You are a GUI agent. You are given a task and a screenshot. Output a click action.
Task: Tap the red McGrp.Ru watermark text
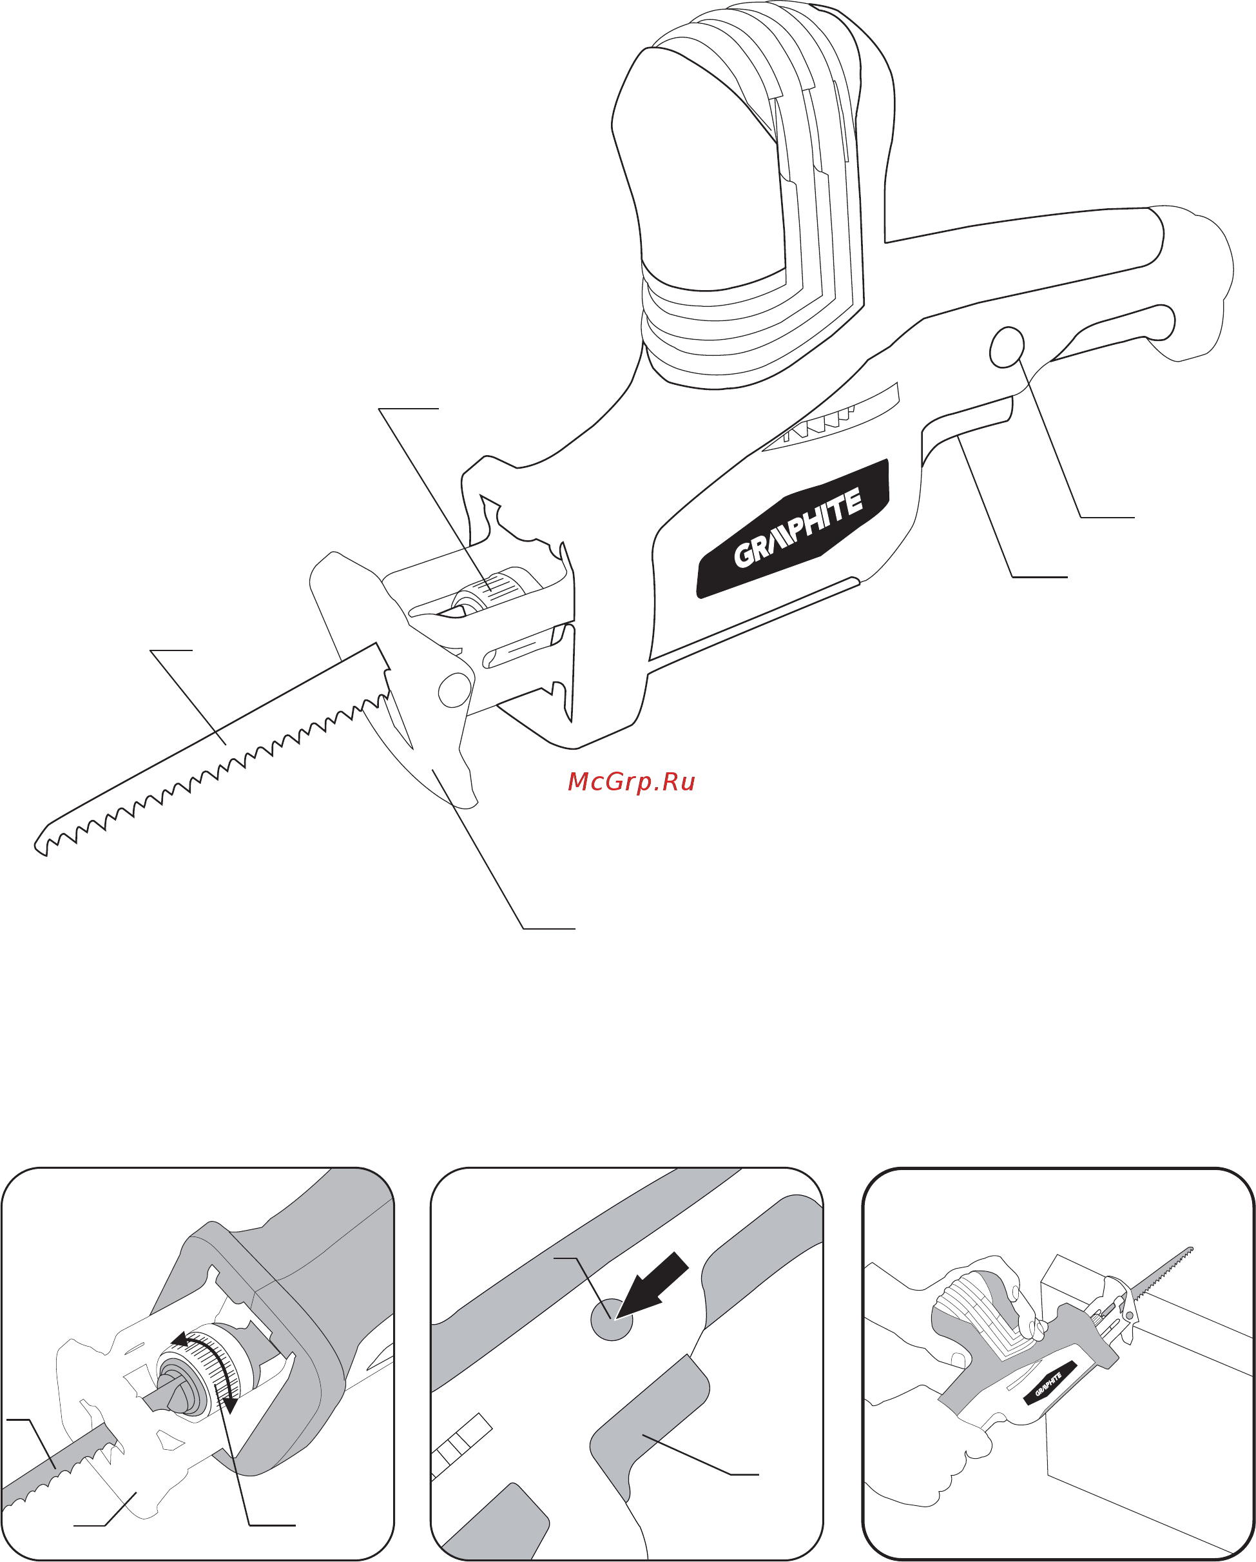click(x=631, y=782)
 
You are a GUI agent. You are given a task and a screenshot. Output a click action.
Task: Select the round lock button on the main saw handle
click(x=1006, y=347)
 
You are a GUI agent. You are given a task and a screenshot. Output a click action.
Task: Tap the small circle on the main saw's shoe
click(x=454, y=690)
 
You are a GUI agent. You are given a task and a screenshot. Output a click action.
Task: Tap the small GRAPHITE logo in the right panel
click(x=1047, y=1385)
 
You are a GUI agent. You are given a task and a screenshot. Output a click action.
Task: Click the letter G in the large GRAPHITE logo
click(x=744, y=555)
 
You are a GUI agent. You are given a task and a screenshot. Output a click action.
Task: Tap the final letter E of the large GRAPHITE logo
click(x=853, y=501)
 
